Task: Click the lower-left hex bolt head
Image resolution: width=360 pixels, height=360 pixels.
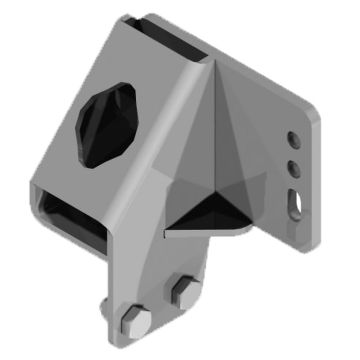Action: click(135, 322)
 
